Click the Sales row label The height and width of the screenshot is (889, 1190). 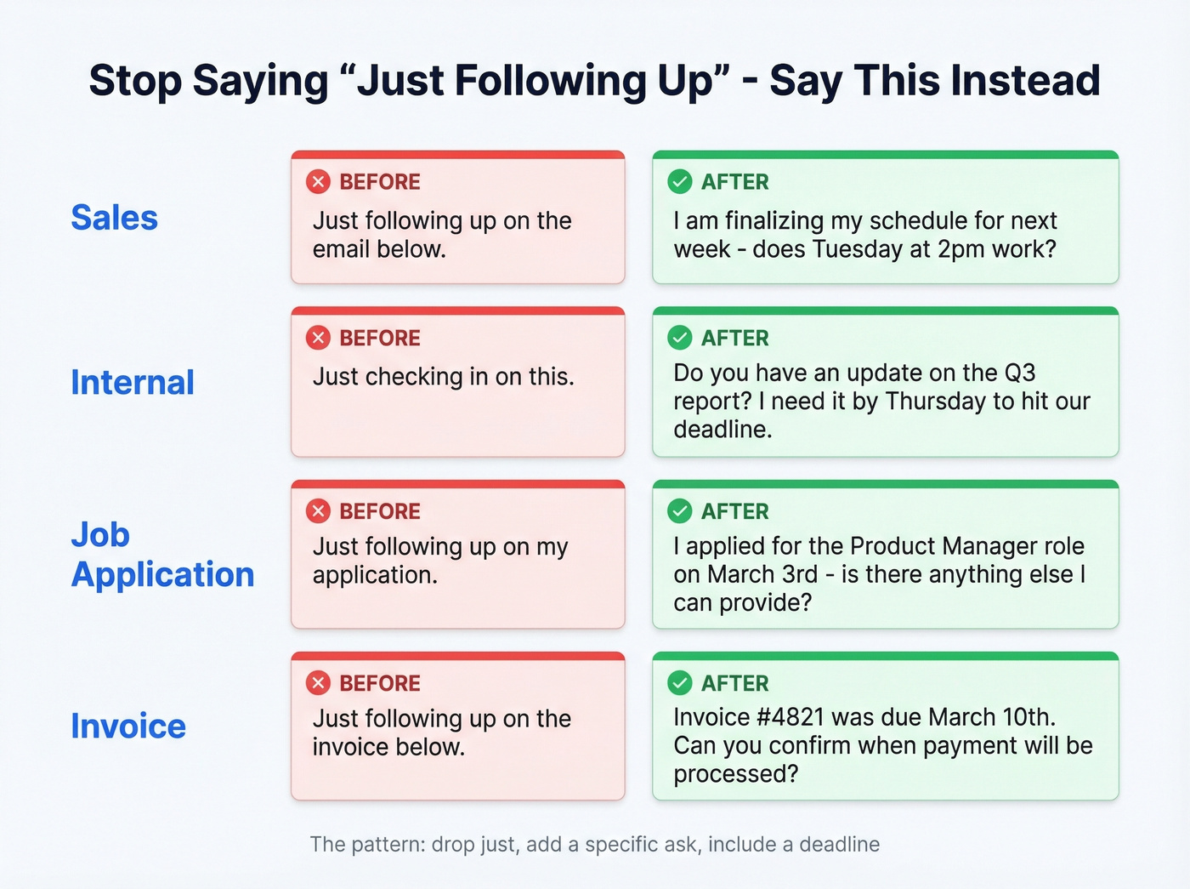[114, 218]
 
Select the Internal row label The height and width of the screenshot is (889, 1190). [132, 383]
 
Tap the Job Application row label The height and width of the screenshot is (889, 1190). [161, 555]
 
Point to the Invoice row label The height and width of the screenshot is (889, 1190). [127, 727]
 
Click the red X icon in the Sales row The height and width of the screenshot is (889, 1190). [318, 182]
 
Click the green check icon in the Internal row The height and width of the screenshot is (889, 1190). [680, 339]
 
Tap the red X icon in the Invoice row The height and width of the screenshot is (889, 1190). [318, 683]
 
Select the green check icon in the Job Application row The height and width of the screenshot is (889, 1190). [680, 511]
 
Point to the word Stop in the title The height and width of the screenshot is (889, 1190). [134, 81]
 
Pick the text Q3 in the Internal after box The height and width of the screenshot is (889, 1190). [1020, 373]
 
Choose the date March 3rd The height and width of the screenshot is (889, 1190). [762, 575]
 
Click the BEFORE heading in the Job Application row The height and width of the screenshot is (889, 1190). [380, 511]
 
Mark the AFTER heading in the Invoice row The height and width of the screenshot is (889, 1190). [734, 683]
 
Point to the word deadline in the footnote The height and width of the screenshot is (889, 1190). [839, 845]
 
